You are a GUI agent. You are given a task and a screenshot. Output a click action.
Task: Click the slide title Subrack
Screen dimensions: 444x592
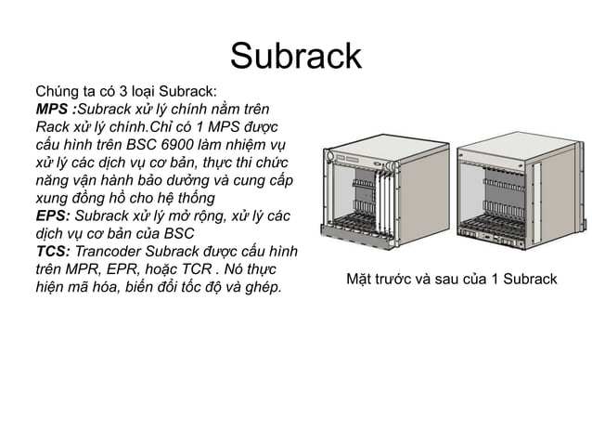click(295, 56)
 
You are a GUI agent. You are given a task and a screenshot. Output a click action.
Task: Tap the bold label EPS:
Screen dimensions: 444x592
click(54, 215)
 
